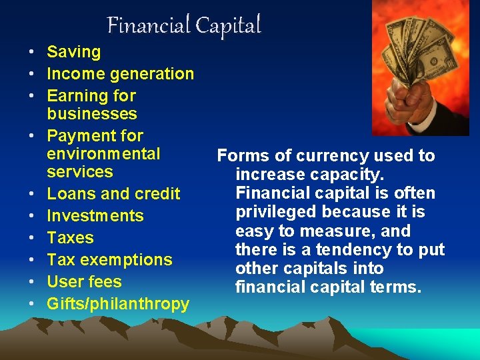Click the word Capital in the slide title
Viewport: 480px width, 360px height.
[228, 25]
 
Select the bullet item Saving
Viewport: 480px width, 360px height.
[73, 52]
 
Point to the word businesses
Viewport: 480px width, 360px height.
[92, 114]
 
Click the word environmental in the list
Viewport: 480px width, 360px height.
[103, 154]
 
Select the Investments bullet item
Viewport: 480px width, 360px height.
[95, 216]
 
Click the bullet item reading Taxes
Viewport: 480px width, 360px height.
[70, 238]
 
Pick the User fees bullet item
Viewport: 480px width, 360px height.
[84, 282]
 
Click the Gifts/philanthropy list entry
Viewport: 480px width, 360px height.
[118, 304]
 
